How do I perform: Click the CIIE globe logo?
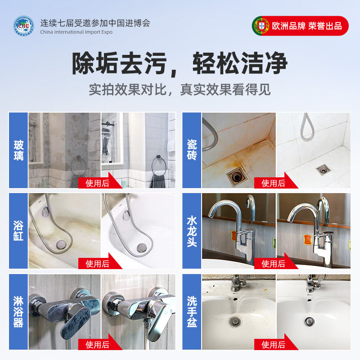(x=23, y=27)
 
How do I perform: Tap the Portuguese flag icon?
(x=261, y=26)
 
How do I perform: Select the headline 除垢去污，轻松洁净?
(x=180, y=64)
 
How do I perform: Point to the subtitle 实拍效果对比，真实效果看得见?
(x=180, y=89)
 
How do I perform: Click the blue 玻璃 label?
(x=18, y=150)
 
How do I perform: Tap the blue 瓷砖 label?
(x=192, y=150)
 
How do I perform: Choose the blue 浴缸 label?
(x=18, y=232)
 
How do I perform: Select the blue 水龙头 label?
(x=192, y=232)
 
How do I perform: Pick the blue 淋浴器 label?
(x=18, y=312)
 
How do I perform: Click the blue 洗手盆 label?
(x=192, y=312)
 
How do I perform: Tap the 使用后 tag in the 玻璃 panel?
(x=98, y=183)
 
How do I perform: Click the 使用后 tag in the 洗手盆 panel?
(x=274, y=345)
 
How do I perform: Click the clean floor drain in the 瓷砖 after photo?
(x=323, y=169)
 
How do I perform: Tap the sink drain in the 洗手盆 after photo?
(x=310, y=321)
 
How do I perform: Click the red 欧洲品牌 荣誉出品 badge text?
(x=307, y=26)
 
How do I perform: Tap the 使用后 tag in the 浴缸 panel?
(x=98, y=264)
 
